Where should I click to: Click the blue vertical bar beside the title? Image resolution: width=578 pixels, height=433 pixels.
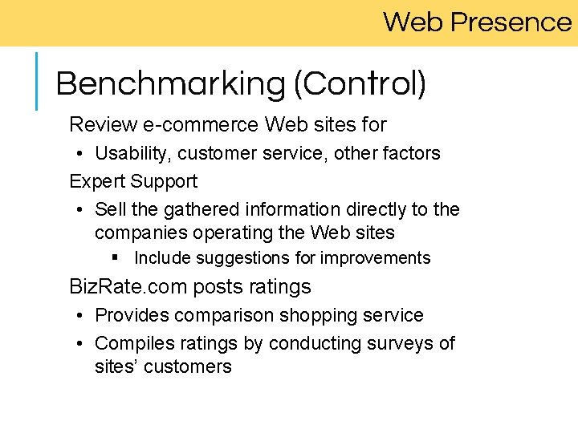(x=37, y=80)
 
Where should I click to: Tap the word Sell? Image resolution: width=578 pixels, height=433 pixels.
(x=110, y=210)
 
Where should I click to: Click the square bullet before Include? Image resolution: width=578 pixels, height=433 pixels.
(x=116, y=258)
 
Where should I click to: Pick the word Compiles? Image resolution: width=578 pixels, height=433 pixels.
(x=131, y=343)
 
